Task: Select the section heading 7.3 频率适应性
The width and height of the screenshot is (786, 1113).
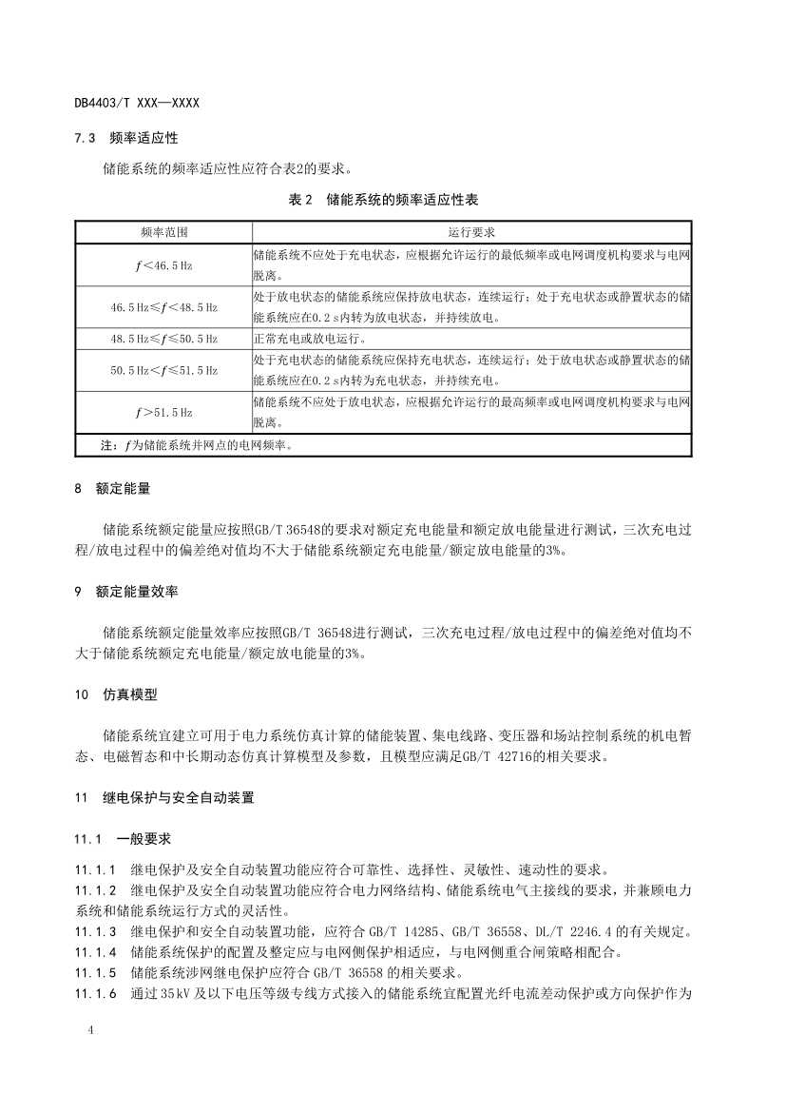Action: click(126, 139)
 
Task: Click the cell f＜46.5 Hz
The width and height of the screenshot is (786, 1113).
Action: click(163, 265)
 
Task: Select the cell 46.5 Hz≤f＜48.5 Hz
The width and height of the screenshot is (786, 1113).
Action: click(163, 307)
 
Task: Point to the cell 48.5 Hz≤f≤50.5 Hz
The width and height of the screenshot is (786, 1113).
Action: click(163, 339)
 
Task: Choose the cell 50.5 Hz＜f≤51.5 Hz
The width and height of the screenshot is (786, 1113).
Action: click(163, 370)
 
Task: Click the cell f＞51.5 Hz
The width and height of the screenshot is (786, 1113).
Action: click(163, 413)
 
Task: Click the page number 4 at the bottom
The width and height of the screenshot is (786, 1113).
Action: click(89, 1031)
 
